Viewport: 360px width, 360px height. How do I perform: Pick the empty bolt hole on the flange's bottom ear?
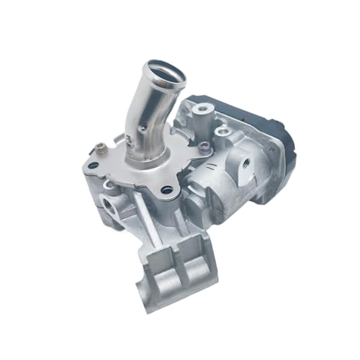pos(167,190)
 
